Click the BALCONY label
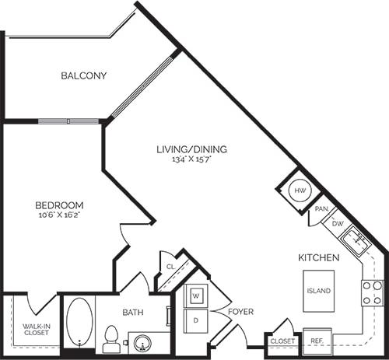click(x=83, y=76)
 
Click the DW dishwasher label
click(x=336, y=224)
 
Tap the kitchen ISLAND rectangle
click(x=319, y=290)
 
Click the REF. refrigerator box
click(x=317, y=341)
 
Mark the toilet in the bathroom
click(x=110, y=339)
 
